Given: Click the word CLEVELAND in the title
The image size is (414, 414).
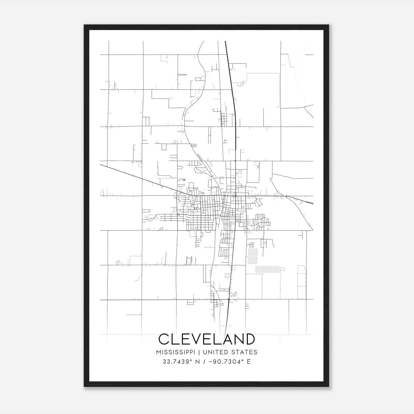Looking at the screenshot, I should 206,339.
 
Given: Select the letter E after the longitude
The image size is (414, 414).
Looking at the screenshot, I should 249,362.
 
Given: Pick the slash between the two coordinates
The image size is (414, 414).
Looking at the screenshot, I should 205,362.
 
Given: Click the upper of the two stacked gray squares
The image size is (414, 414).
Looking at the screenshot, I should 253,252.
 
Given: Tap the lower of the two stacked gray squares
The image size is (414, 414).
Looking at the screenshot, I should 253,260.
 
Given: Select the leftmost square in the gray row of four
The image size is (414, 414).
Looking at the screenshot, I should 258,269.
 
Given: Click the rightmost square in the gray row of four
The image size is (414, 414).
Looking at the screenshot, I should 277,269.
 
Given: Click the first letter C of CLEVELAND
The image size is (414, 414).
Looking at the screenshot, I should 164,339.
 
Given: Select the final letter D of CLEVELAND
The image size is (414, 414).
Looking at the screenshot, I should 250,339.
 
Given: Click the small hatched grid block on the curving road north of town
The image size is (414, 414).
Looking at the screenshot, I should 194,145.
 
